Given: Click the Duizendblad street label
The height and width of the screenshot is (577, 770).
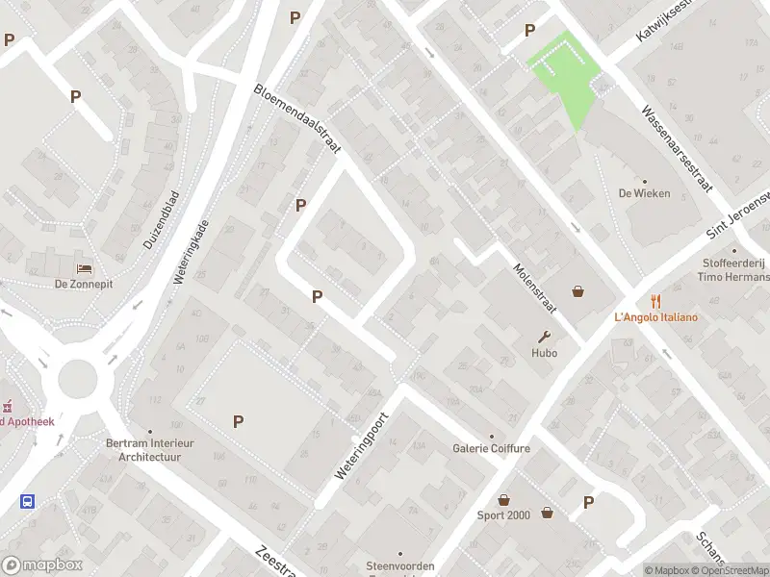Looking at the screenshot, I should [x=161, y=220].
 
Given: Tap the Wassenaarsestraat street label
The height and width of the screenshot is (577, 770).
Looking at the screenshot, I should [x=678, y=149].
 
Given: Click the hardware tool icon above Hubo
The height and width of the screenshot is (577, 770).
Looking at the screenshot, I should [x=545, y=337].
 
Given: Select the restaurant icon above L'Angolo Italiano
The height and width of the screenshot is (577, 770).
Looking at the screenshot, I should [x=655, y=301].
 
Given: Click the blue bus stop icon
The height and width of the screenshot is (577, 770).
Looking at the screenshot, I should [x=28, y=501].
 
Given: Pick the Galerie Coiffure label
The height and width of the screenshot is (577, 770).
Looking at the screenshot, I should [x=491, y=448].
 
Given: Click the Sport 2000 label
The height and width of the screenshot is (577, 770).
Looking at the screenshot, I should [x=503, y=515].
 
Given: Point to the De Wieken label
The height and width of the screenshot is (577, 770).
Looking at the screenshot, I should [x=644, y=192].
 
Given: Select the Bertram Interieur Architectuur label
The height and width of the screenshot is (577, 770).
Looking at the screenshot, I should [x=149, y=450].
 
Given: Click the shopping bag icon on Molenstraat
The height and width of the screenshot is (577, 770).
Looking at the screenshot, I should [x=578, y=290].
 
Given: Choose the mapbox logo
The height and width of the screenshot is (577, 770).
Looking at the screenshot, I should [x=39, y=564].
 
